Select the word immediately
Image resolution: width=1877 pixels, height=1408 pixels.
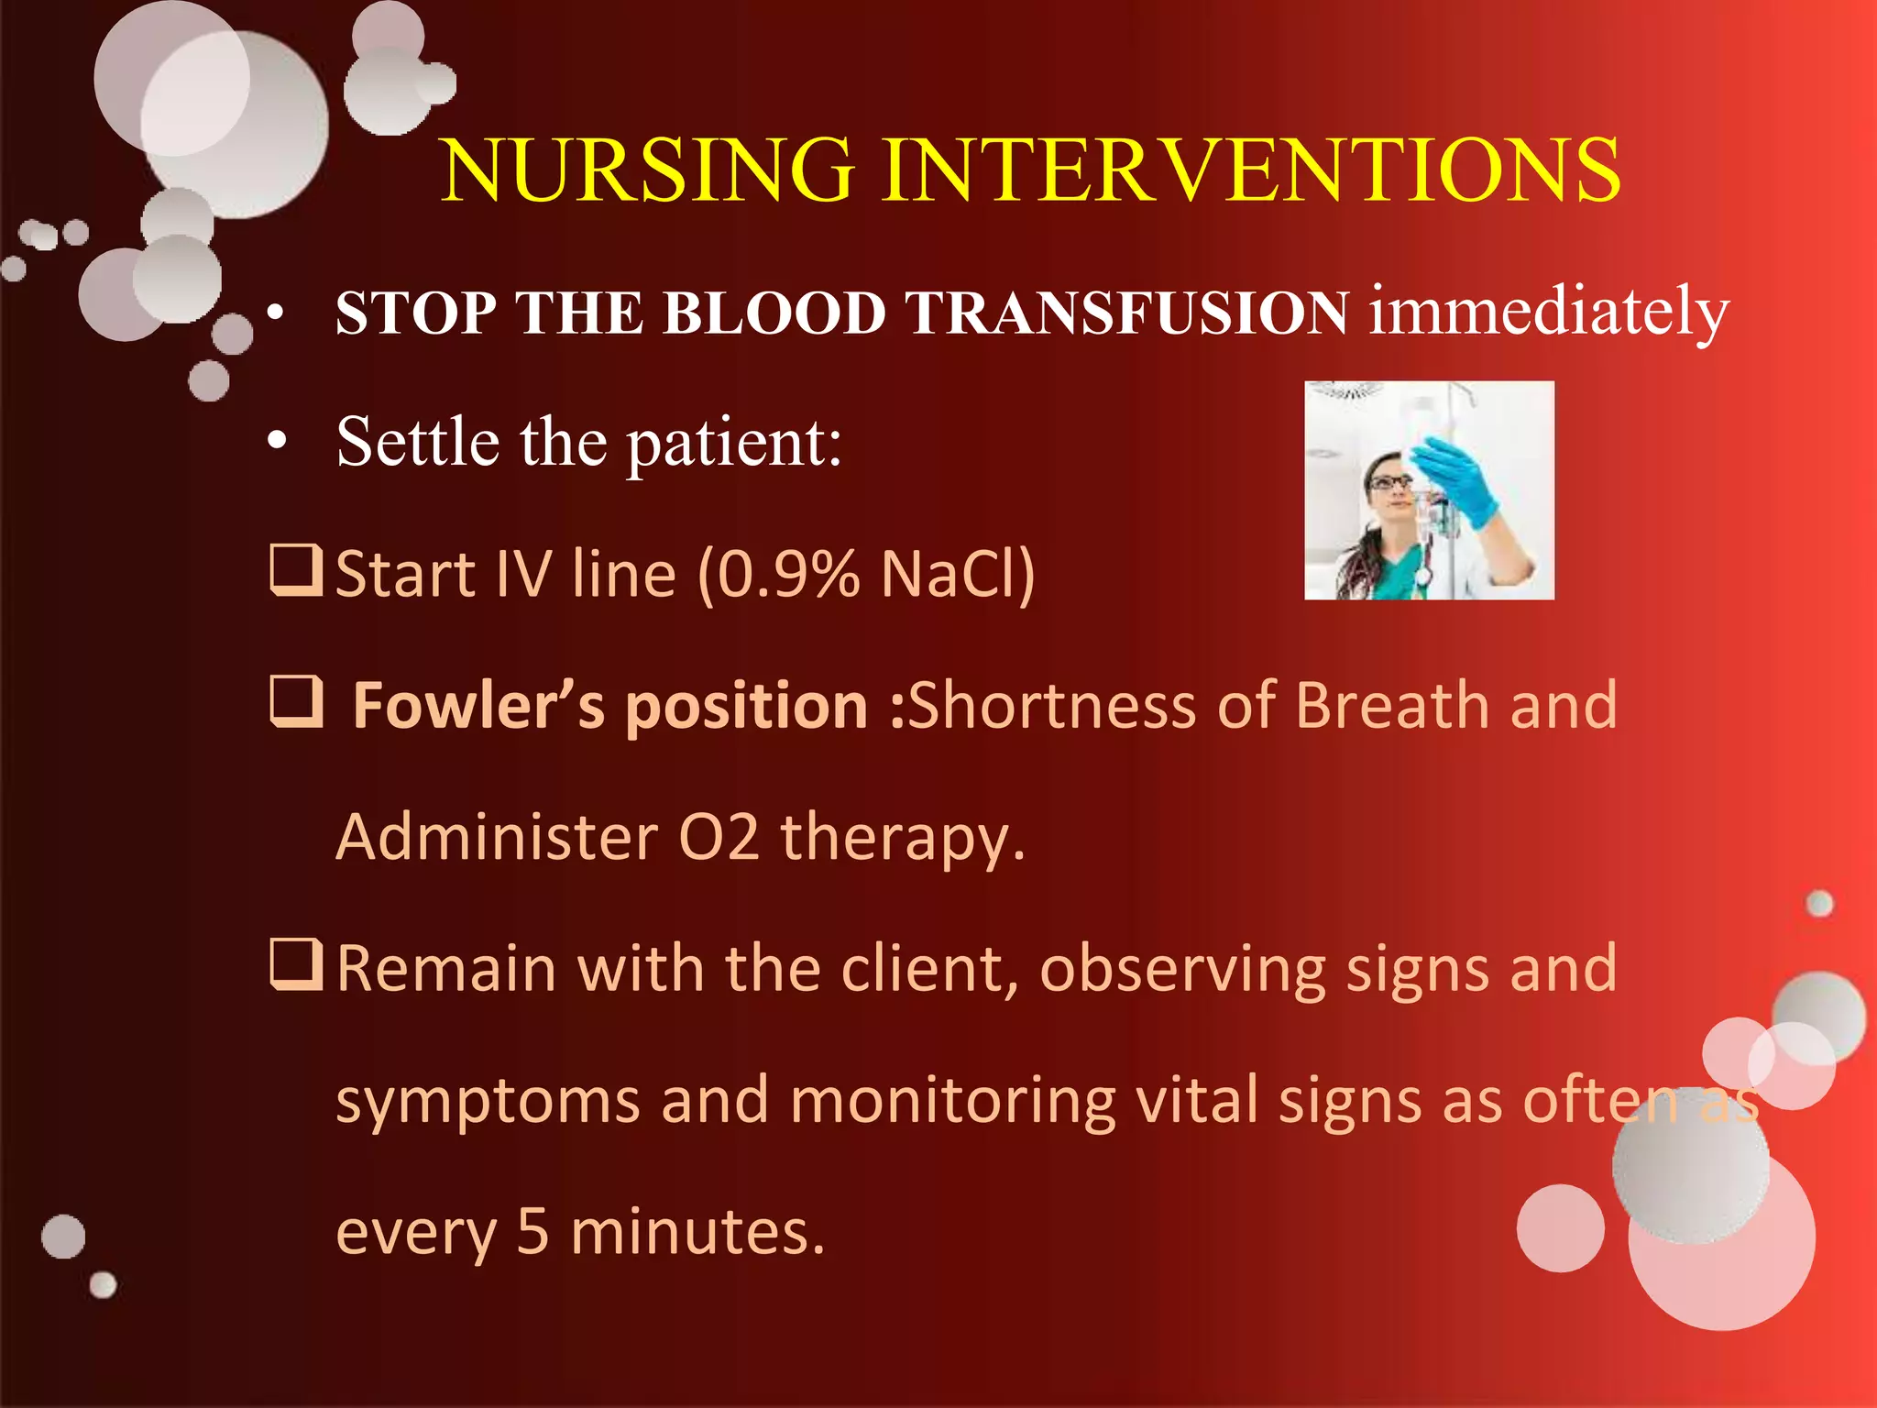coord(1548,312)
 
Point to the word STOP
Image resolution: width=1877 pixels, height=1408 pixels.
coord(416,313)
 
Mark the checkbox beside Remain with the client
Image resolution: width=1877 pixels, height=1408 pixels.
coord(296,965)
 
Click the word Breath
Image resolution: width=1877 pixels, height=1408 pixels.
coord(1392,706)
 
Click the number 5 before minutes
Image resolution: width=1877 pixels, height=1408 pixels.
coord(532,1231)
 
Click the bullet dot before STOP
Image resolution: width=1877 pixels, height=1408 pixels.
coord(277,314)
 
